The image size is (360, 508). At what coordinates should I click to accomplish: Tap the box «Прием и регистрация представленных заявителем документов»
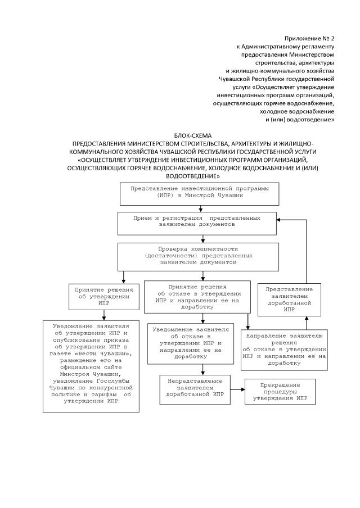(x=196, y=223)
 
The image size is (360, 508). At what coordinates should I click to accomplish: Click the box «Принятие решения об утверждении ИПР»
(x=103, y=296)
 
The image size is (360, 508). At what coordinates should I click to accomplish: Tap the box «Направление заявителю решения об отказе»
(x=284, y=350)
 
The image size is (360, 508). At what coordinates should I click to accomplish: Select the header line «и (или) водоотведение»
(x=300, y=120)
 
